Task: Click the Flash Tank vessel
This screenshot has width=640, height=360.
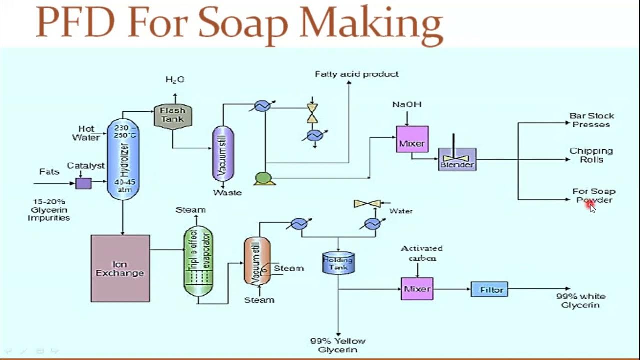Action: [x=172, y=115]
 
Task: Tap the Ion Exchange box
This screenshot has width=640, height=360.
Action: [x=120, y=268]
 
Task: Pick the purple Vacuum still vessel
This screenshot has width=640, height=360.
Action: [x=223, y=153]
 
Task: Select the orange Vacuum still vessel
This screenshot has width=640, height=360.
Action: [x=257, y=261]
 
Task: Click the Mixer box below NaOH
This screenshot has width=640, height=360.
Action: [x=412, y=139]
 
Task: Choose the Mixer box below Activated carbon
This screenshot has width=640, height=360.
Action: [x=417, y=289]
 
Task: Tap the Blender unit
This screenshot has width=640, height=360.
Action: [x=457, y=160]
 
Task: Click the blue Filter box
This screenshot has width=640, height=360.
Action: [x=489, y=289]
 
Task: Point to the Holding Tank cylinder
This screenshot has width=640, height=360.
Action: [x=338, y=262]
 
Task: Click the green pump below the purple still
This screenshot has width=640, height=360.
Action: [x=264, y=178]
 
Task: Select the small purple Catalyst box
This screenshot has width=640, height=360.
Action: [x=83, y=183]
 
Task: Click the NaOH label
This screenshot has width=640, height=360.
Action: [x=407, y=105]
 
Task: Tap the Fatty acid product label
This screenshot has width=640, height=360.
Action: [x=356, y=74]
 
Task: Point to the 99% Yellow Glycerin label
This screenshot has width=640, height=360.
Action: [x=338, y=345]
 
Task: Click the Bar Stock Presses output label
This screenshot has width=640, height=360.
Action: [x=592, y=120]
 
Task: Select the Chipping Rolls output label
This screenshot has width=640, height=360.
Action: [x=591, y=155]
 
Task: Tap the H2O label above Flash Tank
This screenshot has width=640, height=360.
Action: [x=175, y=80]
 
